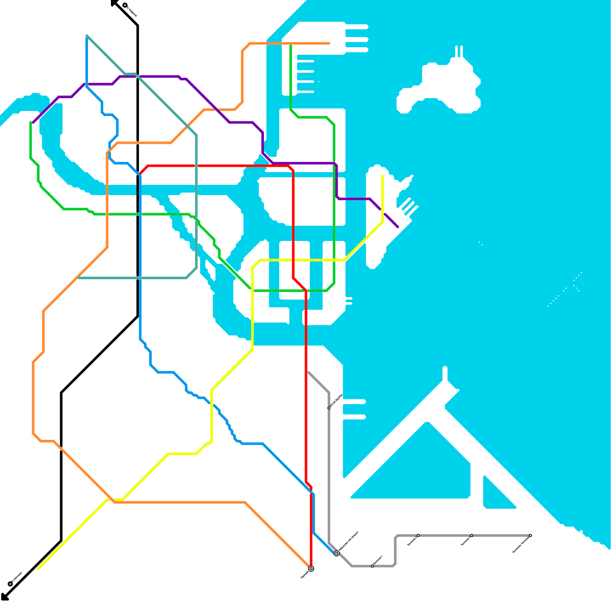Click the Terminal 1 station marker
click(x=372, y=566)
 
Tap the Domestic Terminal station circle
click(x=530, y=535)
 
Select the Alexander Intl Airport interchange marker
click(x=336, y=553)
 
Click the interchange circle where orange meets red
click(x=311, y=568)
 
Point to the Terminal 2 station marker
click(x=418, y=535)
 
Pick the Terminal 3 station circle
click(x=472, y=535)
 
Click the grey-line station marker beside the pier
click(x=329, y=408)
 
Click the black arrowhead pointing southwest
click(x=4, y=597)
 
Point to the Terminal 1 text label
click(x=378, y=560)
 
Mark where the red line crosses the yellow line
click(x=293, y=260)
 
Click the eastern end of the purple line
click(x=398, y=227)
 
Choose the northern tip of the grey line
click(x=308, y=372)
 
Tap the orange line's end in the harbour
click(x=329, y=44)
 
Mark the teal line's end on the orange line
click(x=78, y=278)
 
